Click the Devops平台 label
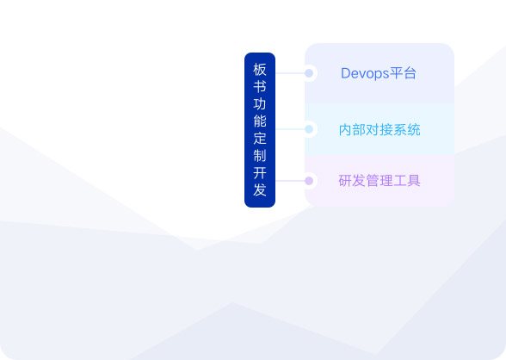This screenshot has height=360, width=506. (x=379, y=73)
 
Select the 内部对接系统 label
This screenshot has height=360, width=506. (x=379, y=130)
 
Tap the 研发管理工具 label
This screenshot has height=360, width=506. (x=379, y=181)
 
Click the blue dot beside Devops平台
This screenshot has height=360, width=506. (x=309, y=73)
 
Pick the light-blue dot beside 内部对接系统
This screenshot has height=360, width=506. (x=309, y=129)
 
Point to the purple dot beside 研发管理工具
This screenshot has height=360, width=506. (x=309, y=181)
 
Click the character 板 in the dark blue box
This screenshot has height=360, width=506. (x=260, y=70)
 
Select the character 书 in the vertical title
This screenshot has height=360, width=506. (x=260, y=86)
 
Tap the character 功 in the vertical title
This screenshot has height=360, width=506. (x=260, y=104)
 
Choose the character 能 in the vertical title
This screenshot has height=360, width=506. (x=260, y=121)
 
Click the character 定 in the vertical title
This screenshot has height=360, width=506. (x=260, y=139)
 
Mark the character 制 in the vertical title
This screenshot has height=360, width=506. (x=260, y=156)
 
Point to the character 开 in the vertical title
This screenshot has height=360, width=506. (x=260, y=173)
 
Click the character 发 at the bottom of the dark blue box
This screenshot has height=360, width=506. (x=260, y=190)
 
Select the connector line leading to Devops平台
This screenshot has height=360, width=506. (x=291, y=73)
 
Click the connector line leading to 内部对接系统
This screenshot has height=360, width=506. (x=291, y=129)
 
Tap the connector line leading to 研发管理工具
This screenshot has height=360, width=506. (x=291, y=181)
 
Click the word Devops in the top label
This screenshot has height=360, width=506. (x=365, y=73)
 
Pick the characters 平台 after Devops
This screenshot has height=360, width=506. (x=403, y=73)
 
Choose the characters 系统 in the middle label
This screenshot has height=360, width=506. (x=407, y=130)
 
